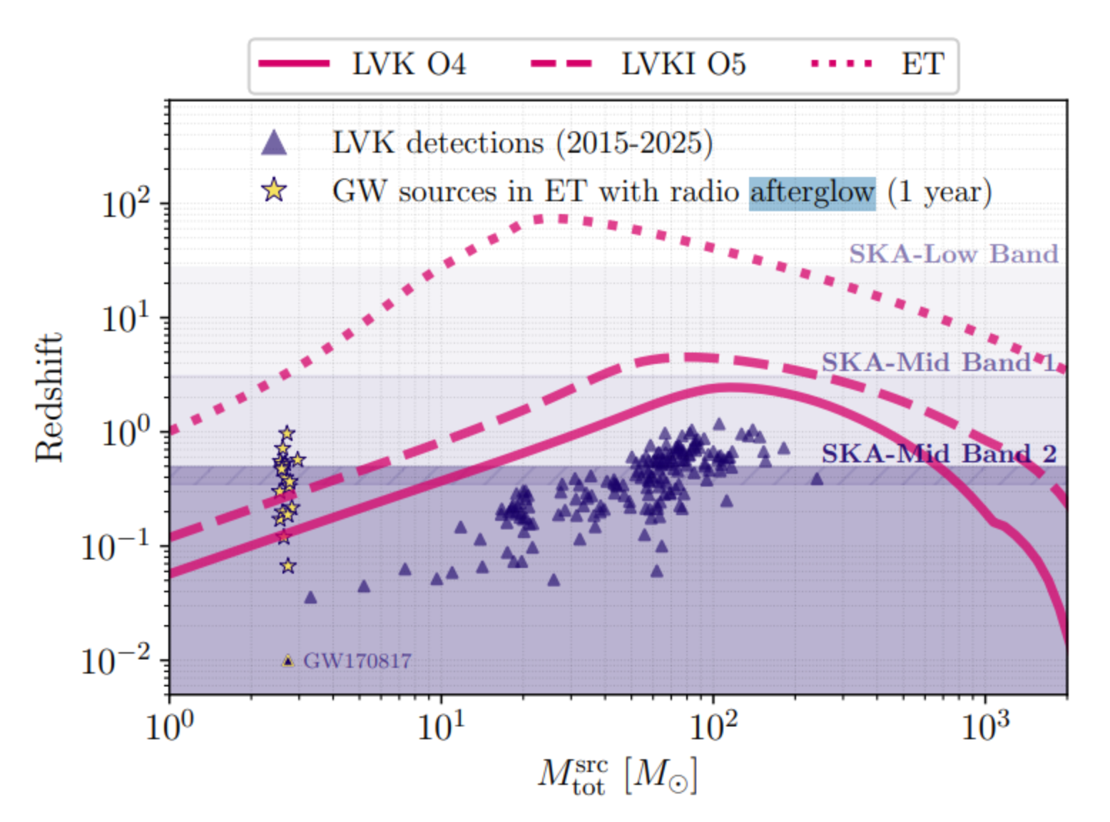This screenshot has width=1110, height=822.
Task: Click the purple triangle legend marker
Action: pyautogui.click(x=274, y=143)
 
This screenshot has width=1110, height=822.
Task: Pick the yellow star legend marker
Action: pyautogui.click(x=274, y=191)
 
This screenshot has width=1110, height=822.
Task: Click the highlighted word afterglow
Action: pyautogui.click(x=813, y=193)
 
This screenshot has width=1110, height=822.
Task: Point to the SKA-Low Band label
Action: pyautogui.click(x=953, y=253)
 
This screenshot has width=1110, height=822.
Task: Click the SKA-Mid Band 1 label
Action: pyautogui.click(x=938, y=362)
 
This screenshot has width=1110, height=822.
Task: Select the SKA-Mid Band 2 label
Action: pyautogui.click(x=939, y=454)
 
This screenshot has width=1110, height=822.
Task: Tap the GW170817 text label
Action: pyautogui.click(x=357, y=661)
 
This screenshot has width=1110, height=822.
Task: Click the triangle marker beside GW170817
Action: pyautogui.click(x=287, y=661)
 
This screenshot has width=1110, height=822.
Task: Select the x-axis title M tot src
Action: pyautogui.click(x=617, y=776)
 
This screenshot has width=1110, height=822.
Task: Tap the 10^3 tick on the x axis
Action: pyautogui.click(x=985, y=727)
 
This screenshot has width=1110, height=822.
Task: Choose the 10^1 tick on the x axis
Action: pyautogui.click(x=442, y=727)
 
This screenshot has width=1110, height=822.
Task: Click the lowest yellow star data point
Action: pyautogui.click(x=287, y=566)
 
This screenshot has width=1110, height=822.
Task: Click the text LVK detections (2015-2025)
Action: pyautogui.click(x=522, y=143)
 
